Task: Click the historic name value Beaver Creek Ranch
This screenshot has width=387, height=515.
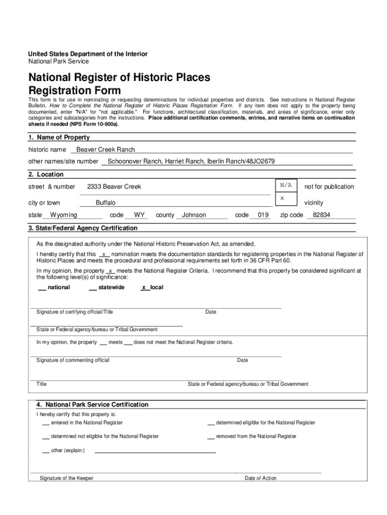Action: coord(106,149)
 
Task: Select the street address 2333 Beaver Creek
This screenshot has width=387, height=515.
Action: coord(114,187)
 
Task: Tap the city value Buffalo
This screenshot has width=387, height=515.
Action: coord(106,203)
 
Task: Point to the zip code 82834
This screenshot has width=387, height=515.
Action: coord(321,215)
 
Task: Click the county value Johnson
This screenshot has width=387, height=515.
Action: coord(194,215)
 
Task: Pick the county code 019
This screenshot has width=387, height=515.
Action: coord(263,215)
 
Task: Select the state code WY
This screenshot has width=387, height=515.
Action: coord(140,215)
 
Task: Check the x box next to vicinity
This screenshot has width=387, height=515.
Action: coord(282,198)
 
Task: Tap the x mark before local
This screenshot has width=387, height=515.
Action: coord(144,288)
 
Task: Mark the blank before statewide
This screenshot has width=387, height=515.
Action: coord(92,288)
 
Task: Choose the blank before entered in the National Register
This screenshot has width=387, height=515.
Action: coord(46,423)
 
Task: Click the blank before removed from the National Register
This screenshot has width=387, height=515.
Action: coord(211,437)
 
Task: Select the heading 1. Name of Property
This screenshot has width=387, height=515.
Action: coord(59,137)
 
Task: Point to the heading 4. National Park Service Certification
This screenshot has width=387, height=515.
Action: coord(92,404)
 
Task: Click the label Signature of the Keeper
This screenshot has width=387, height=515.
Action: coord(66,478)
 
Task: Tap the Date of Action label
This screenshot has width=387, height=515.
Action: coord(260,478)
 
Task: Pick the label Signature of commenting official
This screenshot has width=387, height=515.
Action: coord(73,360)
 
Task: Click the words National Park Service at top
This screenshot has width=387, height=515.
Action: coord(58,61)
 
